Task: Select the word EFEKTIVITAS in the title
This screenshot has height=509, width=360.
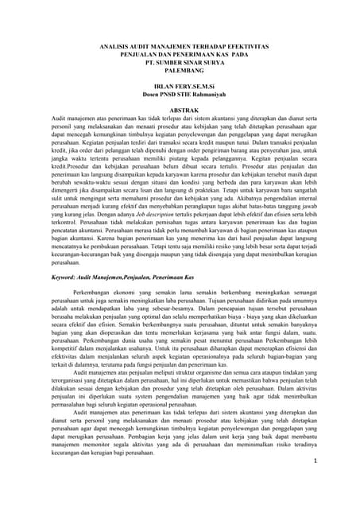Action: (x=245, y=48)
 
